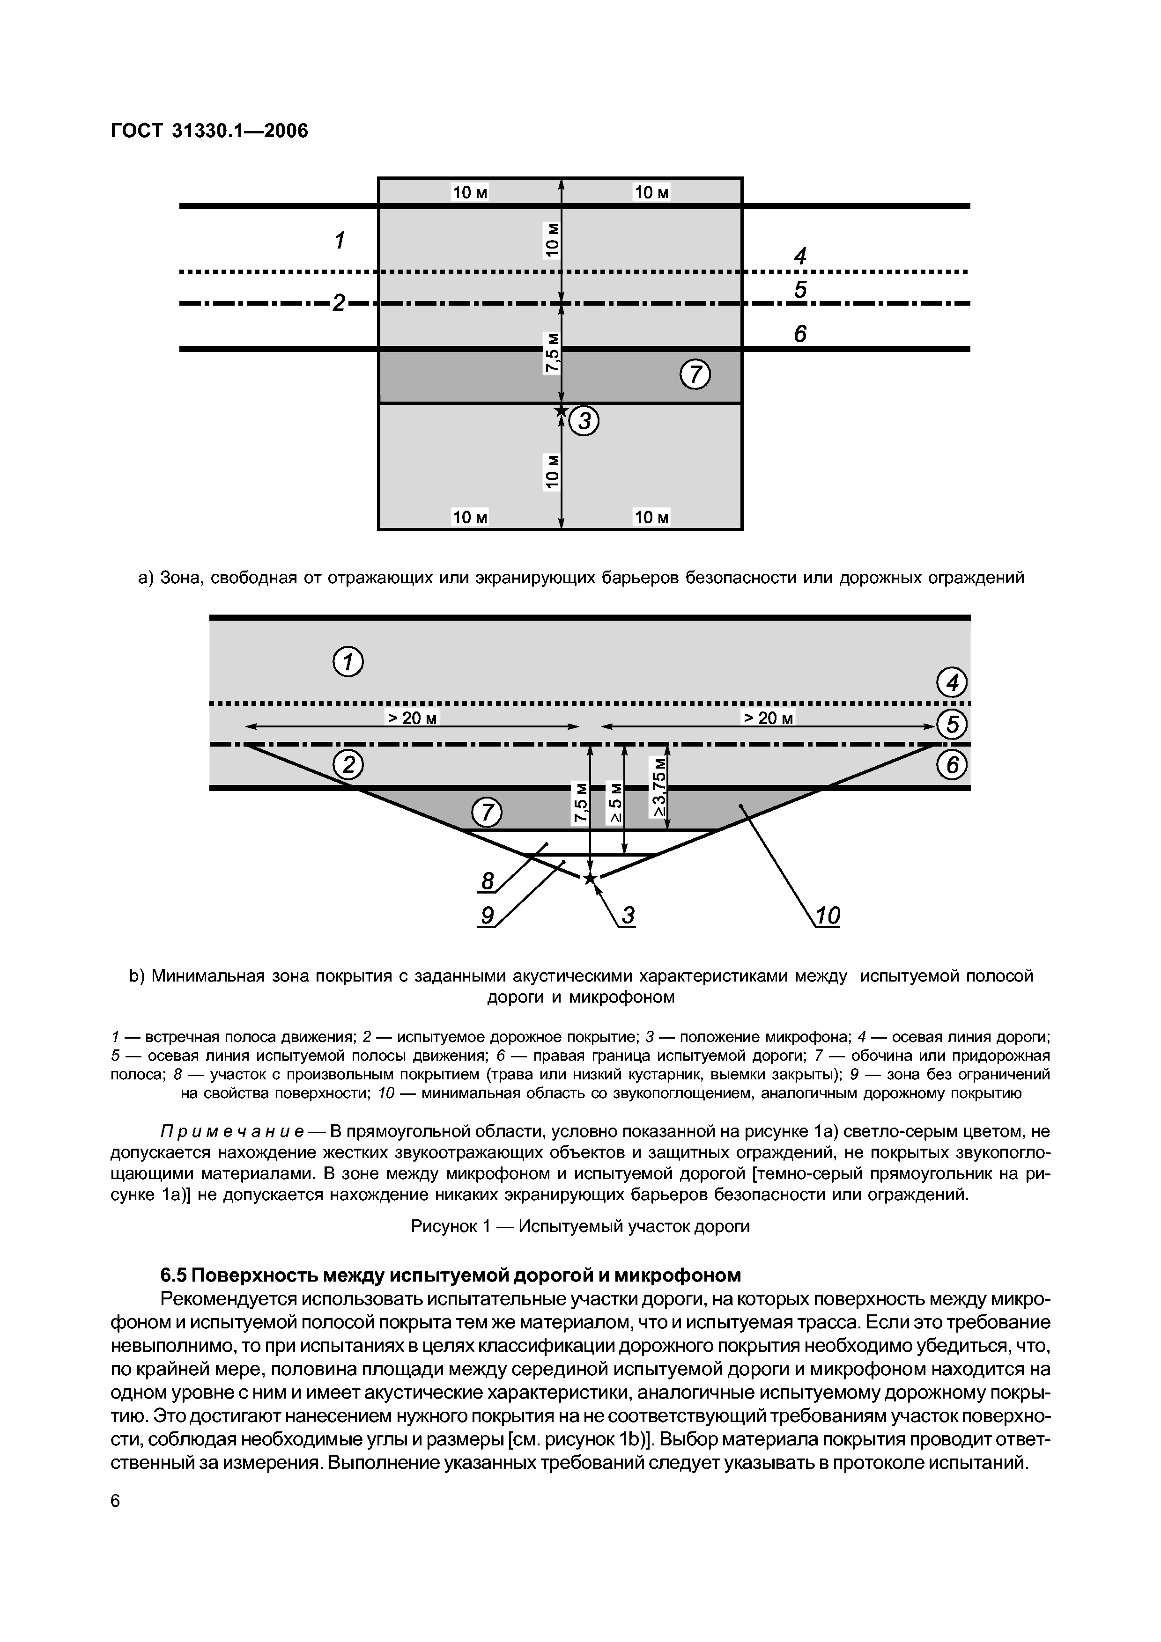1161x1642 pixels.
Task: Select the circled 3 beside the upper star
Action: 584,422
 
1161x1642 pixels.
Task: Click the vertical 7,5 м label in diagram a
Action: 552,352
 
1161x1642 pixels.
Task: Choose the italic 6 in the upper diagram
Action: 800,333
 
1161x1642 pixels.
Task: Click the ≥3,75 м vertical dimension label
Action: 659,787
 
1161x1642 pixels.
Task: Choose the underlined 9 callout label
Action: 487,916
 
